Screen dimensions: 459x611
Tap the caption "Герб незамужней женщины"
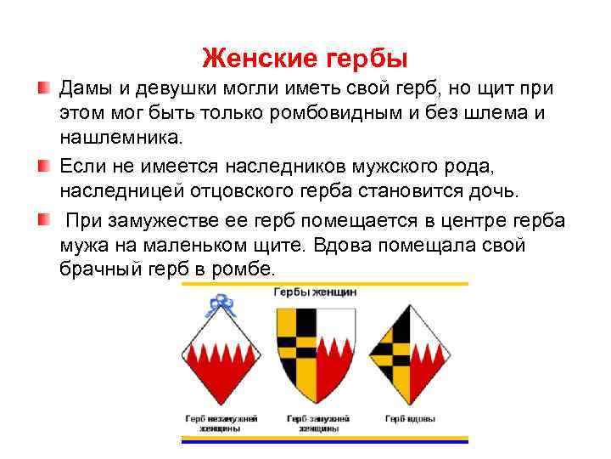click(x=221, y=423)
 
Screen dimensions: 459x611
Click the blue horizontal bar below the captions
click(x=325, y=441)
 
